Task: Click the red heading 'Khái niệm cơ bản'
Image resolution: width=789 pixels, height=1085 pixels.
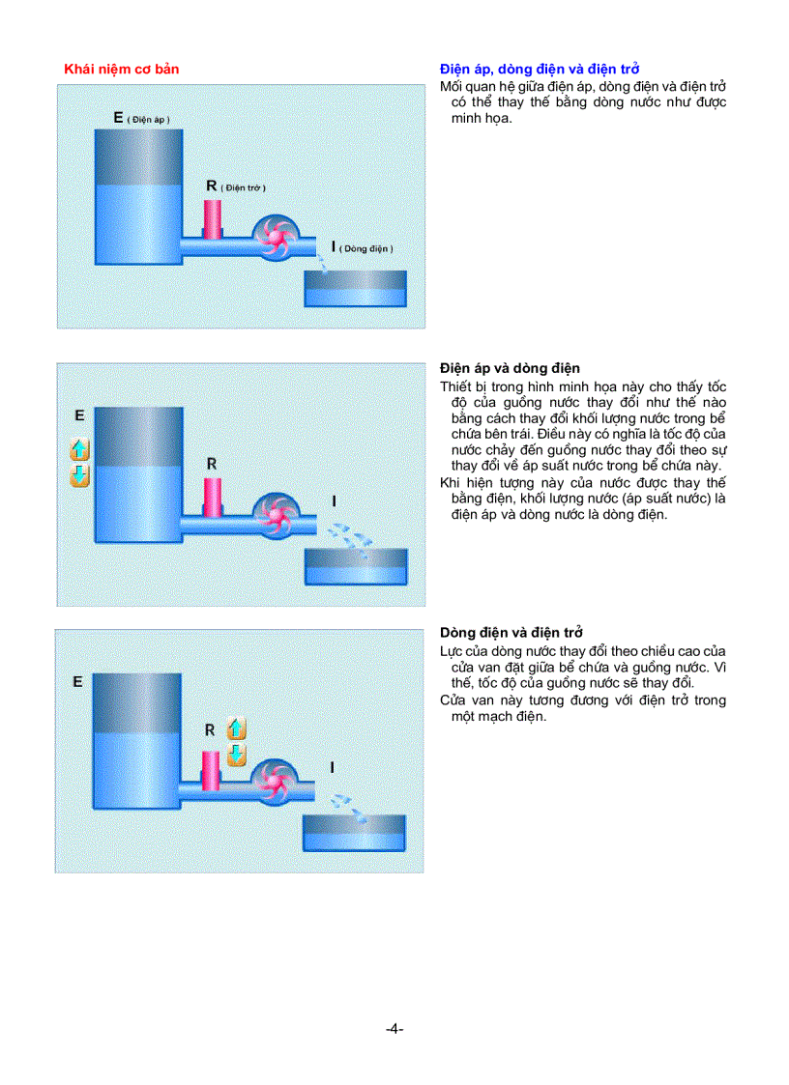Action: pyautogui.click(x=121, y=69)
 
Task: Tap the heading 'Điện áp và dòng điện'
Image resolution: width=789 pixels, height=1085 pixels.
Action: pyautogui.click(x=510, y=368)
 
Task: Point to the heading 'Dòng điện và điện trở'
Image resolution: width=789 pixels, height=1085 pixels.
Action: pyautogui.click(x=511, y=633)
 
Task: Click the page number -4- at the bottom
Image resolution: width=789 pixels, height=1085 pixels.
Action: pyautogui.click(x=394, y=1029)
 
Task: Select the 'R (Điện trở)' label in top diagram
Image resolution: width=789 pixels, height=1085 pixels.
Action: pyautogui.click(x=235, y=186)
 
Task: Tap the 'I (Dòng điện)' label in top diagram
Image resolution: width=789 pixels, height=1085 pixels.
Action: pyautogui.click(x=363, y=247)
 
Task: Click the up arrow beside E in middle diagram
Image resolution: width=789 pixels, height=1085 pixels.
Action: pyautogui.click(x=80, y=449)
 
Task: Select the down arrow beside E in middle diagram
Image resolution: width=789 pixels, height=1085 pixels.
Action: pyautogui.click(x=80, y=474)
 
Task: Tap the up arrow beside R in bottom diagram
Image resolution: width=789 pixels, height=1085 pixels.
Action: pyautogui.click(x=236, y=729)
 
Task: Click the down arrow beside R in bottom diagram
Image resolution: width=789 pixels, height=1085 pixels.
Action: pyautogui.click(x=236, y=755)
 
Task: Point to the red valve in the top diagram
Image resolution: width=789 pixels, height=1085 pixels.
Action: pyautogui.click(x=213, y=219)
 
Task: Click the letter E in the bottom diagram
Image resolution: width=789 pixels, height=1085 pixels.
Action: pyautogui.click(x=77, y=681)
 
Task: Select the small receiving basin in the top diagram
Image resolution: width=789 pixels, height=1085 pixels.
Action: pyautogui.click(x=356, y=289)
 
